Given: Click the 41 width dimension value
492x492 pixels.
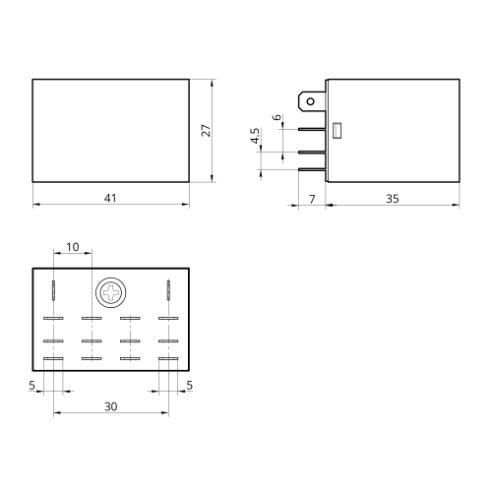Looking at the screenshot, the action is point(110,198).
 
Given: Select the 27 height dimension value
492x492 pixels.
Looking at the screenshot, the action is point(206,131).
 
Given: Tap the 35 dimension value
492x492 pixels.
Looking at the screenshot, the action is point(393,199).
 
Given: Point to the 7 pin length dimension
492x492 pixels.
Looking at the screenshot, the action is point(312,199).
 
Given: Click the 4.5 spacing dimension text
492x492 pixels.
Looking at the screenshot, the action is point(255,136).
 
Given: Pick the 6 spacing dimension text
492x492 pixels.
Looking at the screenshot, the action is point(277,117).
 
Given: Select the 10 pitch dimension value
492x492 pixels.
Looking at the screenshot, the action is point(73,247).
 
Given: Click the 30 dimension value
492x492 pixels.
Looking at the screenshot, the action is point(111,406).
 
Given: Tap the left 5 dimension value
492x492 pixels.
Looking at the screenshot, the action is point(31,386).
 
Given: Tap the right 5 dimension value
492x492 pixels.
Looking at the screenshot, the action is point(190,386).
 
